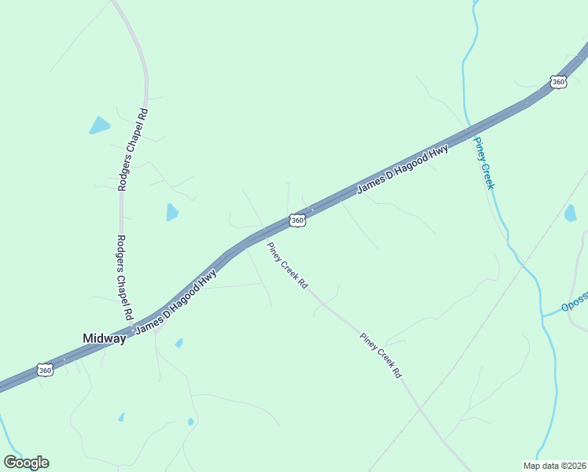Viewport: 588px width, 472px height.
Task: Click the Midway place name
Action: (x=104, y=338)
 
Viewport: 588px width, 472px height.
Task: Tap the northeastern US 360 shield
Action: (x=558, y=81)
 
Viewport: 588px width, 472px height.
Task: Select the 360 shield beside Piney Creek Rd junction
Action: (x=296, y=221)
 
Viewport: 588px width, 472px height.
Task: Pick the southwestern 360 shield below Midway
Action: (x=45, y=369)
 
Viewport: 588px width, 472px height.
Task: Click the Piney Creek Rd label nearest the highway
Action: (x=287, y=265)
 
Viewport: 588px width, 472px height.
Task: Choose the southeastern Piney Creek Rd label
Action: (x=381, y=356)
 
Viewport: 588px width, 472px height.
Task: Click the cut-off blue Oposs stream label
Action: (x=575, y=306)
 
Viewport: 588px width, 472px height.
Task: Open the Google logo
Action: (x=26, y=463)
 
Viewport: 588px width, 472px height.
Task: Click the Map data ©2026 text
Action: (x=555, y=466)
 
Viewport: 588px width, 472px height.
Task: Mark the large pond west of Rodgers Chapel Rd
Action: (x=99, y=125)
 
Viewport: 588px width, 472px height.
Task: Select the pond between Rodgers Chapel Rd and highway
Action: (x=172, y=212)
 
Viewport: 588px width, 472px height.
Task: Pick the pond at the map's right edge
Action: (x=570, y=212)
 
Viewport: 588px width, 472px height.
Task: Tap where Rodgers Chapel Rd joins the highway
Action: (x=130, y=324)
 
